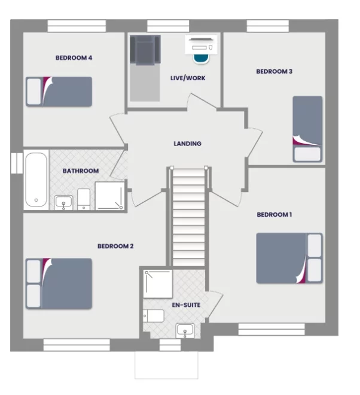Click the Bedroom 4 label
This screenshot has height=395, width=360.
pyautogui.click(x=74, y=58)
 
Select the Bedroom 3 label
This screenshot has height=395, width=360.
pyautogui.click(x=274, y=72)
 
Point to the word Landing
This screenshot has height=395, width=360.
pyautogui.click(x=187, y=144)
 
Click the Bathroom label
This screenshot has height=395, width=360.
pyautogui.click(x=81, y=171)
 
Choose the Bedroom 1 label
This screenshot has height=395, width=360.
pyautogui.click(x=274, y=214)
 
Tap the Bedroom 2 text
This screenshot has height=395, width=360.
pyautogui.click(x=115, y=246)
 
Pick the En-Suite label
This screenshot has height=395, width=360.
pyautogui.click(x=186, y=305)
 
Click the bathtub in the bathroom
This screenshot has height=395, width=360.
pyautogui.click(x=36, y=181)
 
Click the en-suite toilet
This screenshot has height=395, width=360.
pyautogui.click(x=154, y=316)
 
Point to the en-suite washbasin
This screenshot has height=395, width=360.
pyautogui.click(x=185, y=330)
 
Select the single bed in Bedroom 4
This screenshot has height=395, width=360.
pyautogui.click(x=59, y=92)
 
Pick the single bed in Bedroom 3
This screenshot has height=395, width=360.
pyautogui.click(x=307, y=129)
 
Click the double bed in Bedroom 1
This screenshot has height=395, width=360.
pyautogui.click(x=289, y=258)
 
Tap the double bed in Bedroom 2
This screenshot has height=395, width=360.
pyautogui.click(x=59, y=284)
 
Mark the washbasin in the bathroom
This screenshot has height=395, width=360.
pyautogui.click(x=63, y=202)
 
